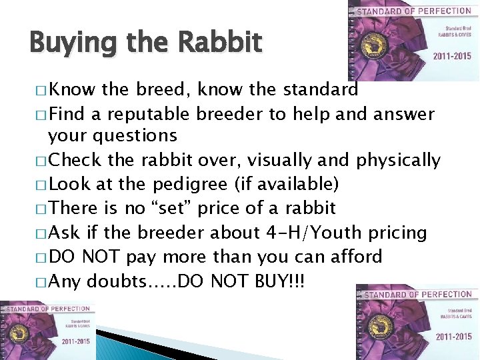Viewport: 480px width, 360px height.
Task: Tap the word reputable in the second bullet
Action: pos(143,115)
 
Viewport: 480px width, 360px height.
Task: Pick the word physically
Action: pos(399,161)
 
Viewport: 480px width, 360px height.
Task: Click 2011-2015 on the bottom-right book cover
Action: pos(454,337)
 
